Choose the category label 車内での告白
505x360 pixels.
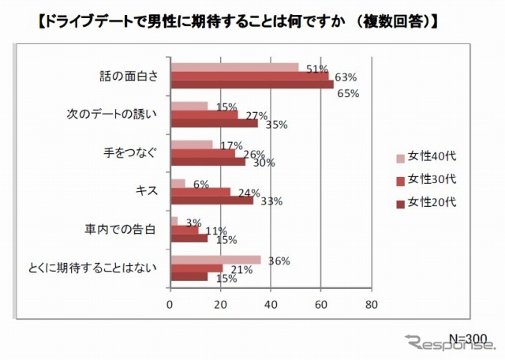124,230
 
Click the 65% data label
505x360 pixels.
348,93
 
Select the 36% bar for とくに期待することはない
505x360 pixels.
216,259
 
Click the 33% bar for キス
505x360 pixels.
212,200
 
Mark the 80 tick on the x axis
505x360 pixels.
372,302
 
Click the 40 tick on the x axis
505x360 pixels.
271,302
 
